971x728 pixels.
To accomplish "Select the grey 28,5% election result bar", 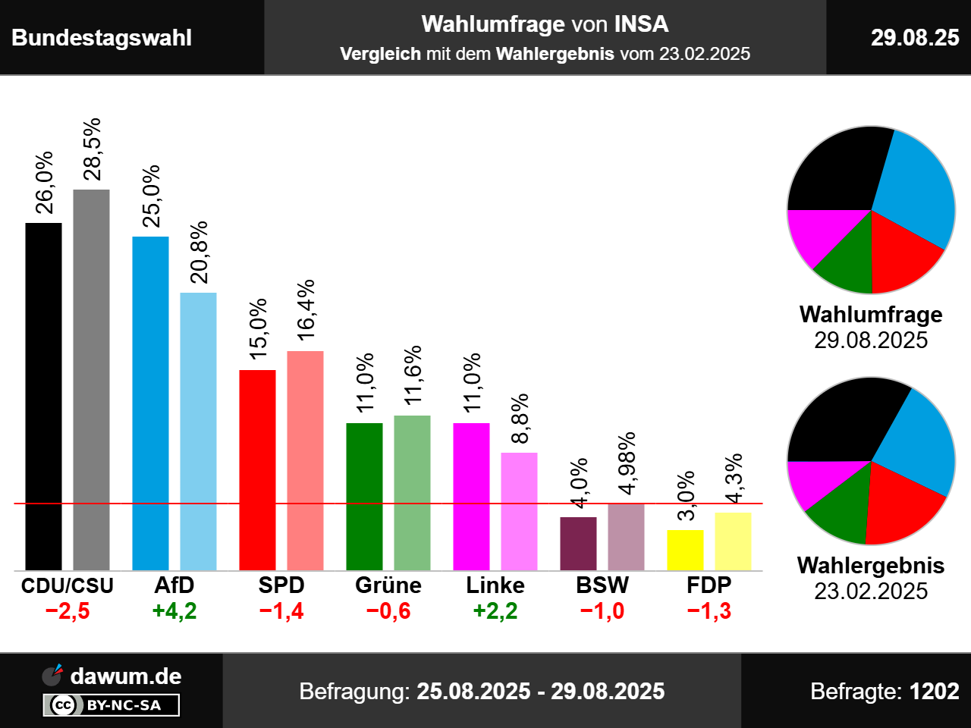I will pyautogui.click(x=91, y=379).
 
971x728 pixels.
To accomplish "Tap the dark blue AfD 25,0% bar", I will pyautogui.click(x=150, y=403).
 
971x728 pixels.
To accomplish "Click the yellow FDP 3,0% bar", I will pyautogui.click(x=685, y=550).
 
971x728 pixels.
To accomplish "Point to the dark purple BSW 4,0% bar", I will pyautogui.click(x=578, y=543).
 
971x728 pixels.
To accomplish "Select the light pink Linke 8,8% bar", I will pyautogui.click(x=519, y=511).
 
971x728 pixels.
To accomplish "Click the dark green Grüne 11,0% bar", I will pyautogui.click(x=364, y=496).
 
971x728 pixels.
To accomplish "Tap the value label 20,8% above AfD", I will pyautogui.click(x=199, y=253).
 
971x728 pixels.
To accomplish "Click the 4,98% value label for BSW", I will pyautogui.click(x=627, y=463).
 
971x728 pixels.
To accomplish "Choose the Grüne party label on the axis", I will pyautogui.click(x=388, y=585).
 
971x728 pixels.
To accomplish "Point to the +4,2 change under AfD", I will pyautogui.click(x=174, y=611).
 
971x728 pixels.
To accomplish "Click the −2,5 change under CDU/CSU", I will pyautogui.click(x=68, y=611).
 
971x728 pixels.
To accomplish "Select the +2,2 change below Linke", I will pyautogui.click(x=495, y=611).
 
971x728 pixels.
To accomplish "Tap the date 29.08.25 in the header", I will pyautogui.click(x=915, y=38).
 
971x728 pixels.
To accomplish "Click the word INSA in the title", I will pyautogui.click(x=641, y=24).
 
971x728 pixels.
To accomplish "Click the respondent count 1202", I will pyautogui.click(x=934, y=692).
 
